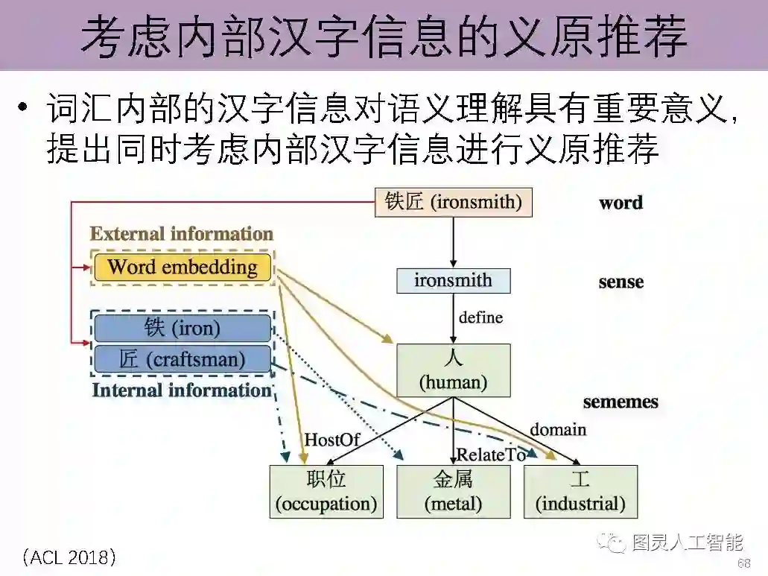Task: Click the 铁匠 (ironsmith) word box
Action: tap(453, 202)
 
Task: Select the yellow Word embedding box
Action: tap(183, 268)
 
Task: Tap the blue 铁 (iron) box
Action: tap(183, 328)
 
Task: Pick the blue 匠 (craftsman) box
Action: tap(183, 359)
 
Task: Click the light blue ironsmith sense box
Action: tap(453, 281)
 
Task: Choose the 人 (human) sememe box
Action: tap(453, 370)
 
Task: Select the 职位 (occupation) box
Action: tap(326, 492)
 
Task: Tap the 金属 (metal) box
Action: tap(453, 492)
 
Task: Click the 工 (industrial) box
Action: tap(580, 492)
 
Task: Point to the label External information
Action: tap(182, 234)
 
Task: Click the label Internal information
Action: tap(182, 390)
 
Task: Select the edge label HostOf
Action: tap(331, 440)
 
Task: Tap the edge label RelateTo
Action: tap(491, 454)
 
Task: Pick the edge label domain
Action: tap(558, 429)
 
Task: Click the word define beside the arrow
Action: tap(480, 317)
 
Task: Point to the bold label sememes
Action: tap(621, 402)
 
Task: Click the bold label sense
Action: tap(621, 282)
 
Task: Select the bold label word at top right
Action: tap(621, 203)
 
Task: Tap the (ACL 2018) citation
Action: tap(69, 557)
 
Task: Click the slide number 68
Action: tap(743, 563)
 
